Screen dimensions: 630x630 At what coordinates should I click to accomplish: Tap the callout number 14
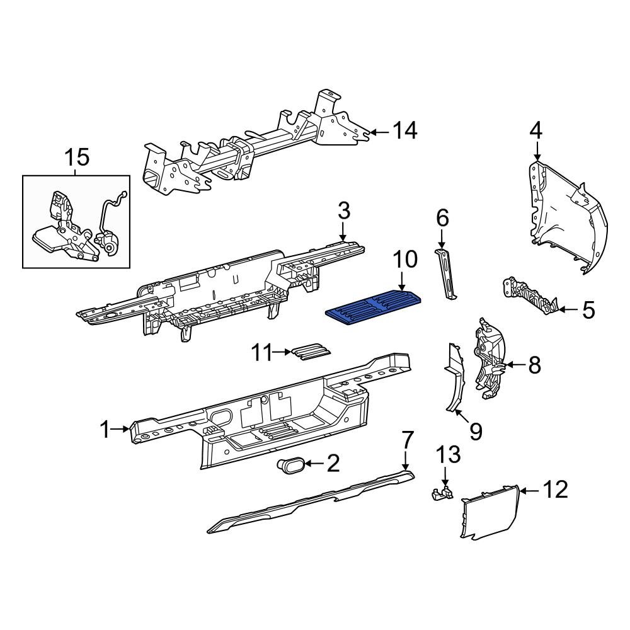[405, 131]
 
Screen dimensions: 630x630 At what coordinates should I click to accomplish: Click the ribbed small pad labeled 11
[311, 353]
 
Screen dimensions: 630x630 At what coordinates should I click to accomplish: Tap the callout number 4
[535, 130]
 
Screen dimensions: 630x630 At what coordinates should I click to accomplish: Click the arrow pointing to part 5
[567, 309]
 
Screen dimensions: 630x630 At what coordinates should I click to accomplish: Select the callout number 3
[343, 210]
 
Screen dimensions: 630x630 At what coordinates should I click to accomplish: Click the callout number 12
[554, 490]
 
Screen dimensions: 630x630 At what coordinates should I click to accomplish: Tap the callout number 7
[408, 440]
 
